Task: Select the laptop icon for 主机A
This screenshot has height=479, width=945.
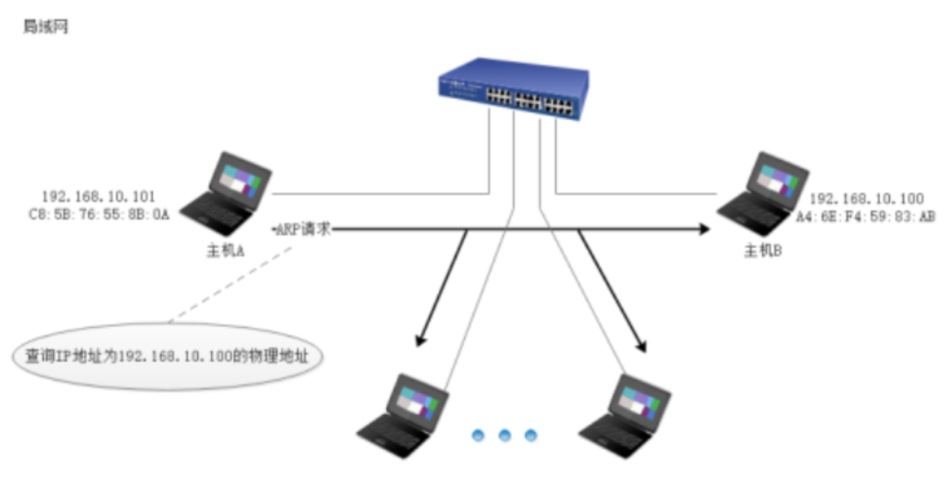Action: click(226, 191)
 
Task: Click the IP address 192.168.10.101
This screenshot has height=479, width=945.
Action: click(98, 197)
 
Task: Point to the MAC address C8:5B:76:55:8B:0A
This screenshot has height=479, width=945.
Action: click(98, 215)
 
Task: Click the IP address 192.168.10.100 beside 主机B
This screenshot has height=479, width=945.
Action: click(866, 199)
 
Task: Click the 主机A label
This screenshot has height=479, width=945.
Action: click(225, 251)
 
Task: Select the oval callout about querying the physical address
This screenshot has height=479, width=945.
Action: click(168, 357)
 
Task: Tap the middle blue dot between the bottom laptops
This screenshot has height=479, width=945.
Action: click(504, 435)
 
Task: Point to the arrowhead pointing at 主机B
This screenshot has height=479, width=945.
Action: click(703, 230)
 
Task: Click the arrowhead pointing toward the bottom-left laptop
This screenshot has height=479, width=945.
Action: click(420, 340)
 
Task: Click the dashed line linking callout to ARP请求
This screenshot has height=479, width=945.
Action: click(229, 282)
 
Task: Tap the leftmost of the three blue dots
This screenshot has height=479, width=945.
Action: click(478, 435)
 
